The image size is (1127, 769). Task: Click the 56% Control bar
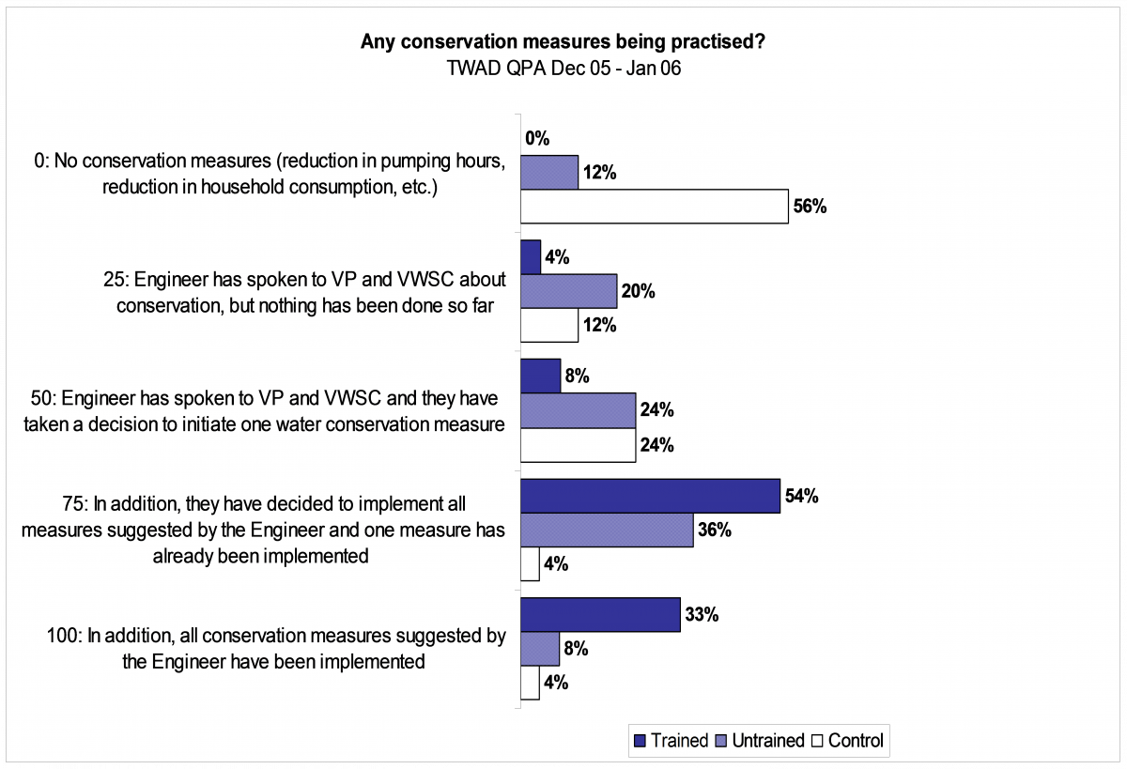pyautogui.click(x=654, y=207)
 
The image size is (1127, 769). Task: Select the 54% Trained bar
pyautogui.click(x=650, y=496)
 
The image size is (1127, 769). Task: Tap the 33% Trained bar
pyautogui.click(x=600, y=615)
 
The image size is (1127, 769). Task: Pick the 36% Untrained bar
pyautogui.click(x=607, y=531)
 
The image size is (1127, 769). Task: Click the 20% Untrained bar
pyautogui.click(x=568, y=291)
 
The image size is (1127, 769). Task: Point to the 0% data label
pyautogui.click(x=537, y=138)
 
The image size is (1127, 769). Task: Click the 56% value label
pyautogui.click(x=810, y=207)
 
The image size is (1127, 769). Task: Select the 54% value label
pyautogui.click(x=802, y=496)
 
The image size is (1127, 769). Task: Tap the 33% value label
pyautogui.click(x=702, y=615)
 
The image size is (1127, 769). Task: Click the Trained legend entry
pyautogui.click(x=671, y=740)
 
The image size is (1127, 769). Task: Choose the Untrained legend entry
pyautogui.click(x=760, y=740)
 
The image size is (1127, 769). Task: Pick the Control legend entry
pyautogui.click(x=848, y=740)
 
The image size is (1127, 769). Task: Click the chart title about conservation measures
pyautogui.click(x=563, y=41)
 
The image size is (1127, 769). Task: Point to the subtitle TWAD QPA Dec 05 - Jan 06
pyautogui.click(x=563, y=68)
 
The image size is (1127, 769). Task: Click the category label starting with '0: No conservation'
pyautogui.click(x=270, y=174)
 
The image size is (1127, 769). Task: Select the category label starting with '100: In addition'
pyautogui.click(x=276, y=648)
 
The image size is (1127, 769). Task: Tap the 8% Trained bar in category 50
pyautogui.click(x=540, y=377)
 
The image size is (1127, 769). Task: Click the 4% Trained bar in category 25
pyautogui.click(x=531, y=257)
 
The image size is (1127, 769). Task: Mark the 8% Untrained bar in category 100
pyautogui.click(x=540, y=649)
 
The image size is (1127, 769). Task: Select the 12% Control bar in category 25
pyautogui.click(x=549, y=326)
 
